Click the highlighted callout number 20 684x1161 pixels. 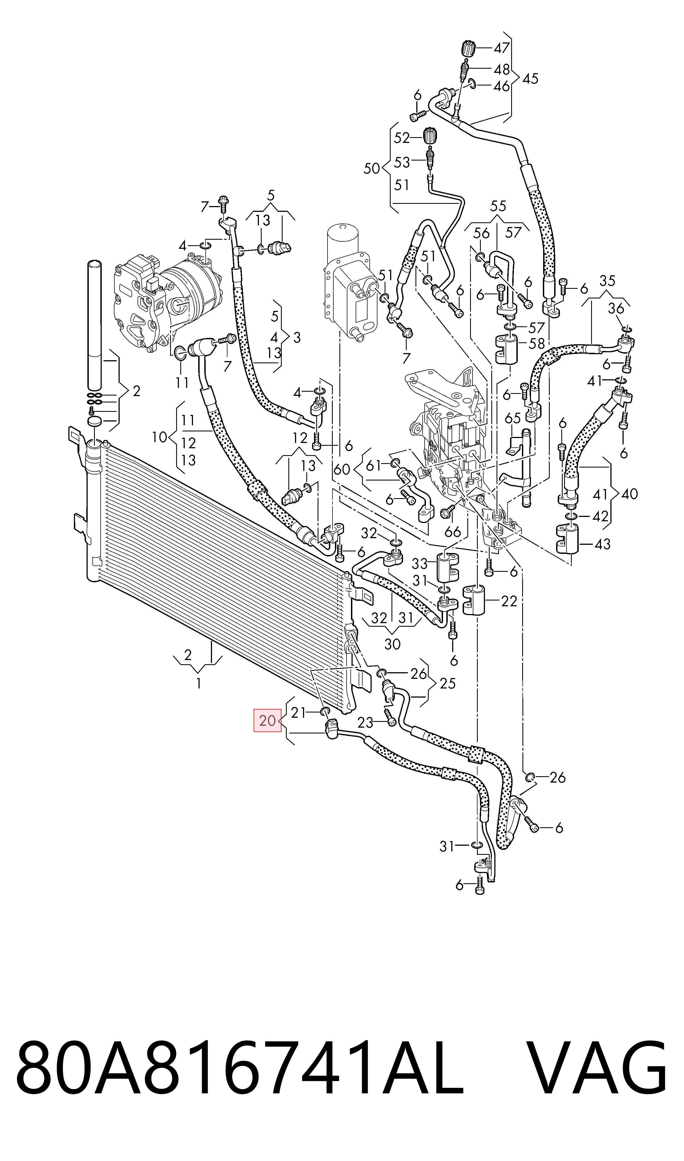(267, 720)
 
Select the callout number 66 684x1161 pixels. (453, 532)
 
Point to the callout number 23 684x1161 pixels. (365, 722)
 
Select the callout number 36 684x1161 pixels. (616, 308)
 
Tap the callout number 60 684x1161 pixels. (342, 469)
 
